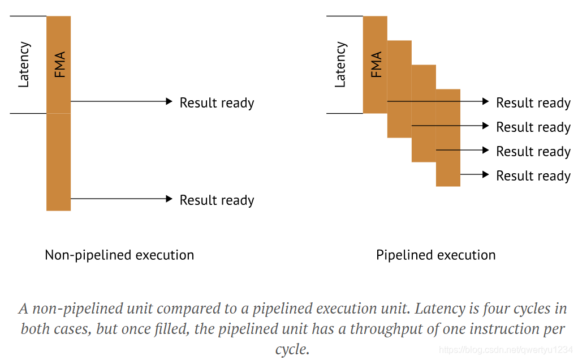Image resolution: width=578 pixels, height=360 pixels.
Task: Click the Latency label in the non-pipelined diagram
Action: pyautogui.click(x=24, y=65)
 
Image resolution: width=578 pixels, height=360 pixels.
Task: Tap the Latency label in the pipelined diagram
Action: pyautogui.click(x=340, y=65)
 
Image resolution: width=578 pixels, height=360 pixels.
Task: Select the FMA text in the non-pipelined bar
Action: pyautogui.click(x=59, y=65)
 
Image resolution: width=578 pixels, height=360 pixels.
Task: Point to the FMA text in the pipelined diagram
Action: pyautogui.click(x=376, y=65)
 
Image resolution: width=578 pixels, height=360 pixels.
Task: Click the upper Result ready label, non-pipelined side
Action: pyautogui.click(x=217, y=103)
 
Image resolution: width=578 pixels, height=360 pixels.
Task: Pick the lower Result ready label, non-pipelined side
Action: pyautogui.click(x=217, y=200)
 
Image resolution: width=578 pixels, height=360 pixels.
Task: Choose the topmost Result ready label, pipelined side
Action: pyautogui.click(x=533, y=103)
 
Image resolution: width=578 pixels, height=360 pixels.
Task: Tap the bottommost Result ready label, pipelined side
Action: pyautogui.click(x=533, y=176)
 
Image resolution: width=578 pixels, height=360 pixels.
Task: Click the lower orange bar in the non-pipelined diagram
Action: pyautogui.click(x=59, y=162)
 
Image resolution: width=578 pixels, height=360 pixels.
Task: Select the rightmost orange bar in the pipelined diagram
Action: pyautogui.click(x=448, y=138)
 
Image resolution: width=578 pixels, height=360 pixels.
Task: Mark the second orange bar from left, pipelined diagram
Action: pyautogui.click(x=399, y=89)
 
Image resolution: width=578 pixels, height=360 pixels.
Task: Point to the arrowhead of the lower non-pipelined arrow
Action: pyautogui.click(x=169, y=199)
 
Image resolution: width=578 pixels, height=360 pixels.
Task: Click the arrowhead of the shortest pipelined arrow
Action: pyautogui.click(x=485, y=174)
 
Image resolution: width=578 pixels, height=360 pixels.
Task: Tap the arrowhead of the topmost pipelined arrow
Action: pyautogui.click(x=485, y=101)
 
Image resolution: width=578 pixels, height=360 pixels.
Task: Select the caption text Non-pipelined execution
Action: pyautogui.click(x=119, y=255)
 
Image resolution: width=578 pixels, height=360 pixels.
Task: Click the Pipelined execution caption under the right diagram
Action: pyautogui.click(x=435, y=255)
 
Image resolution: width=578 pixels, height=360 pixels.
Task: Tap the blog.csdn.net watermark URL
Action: pyautogui.click(x=506, y=350)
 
